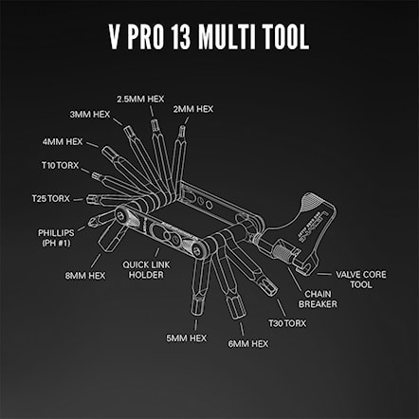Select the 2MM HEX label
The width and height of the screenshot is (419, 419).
point(193,110)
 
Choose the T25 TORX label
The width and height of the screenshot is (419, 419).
point(50,198)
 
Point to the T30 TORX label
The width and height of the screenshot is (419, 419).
point(288,322)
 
